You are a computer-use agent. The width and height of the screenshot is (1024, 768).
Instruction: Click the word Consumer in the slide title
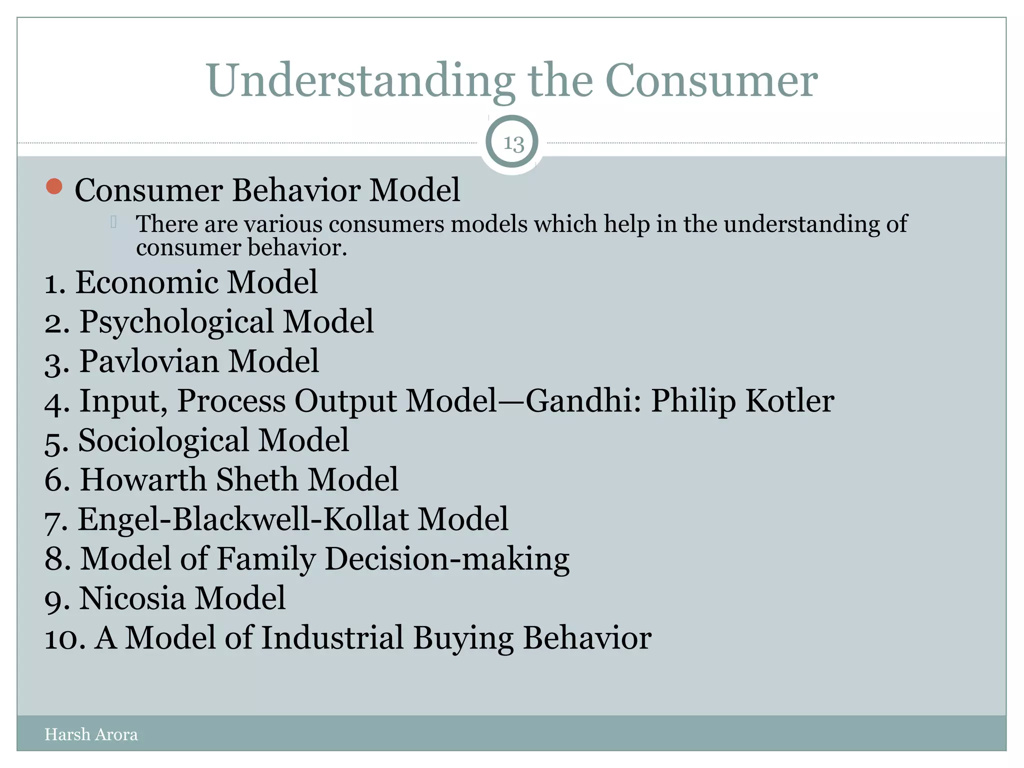711,80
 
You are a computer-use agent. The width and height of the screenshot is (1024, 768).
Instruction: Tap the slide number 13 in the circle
513,143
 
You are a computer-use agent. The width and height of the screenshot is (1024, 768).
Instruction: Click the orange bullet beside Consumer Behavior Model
54,186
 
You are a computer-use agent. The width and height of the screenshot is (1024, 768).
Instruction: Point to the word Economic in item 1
146,282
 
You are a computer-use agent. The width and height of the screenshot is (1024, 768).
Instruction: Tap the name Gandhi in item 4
579,401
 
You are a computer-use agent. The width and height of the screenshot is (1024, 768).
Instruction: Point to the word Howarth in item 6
143,479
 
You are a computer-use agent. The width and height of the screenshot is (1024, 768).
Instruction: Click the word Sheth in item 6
257,479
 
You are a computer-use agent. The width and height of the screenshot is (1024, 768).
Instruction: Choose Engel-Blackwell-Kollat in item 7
243,519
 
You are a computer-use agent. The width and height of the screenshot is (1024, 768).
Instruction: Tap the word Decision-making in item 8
447,559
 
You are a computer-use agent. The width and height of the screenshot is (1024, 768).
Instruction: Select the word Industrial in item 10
332,638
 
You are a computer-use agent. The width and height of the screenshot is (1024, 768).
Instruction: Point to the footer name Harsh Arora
91,734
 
